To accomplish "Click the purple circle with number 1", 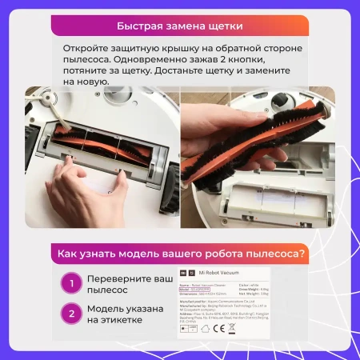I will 73,283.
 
